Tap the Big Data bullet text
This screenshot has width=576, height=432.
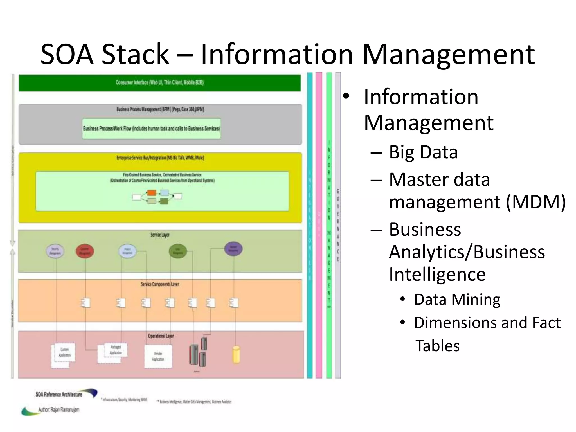tap(423, 152)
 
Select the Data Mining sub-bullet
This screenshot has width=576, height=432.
tap(457, 300)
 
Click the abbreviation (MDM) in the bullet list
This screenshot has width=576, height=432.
tap(536, 202)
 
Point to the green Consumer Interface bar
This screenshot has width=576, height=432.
tap(159, 83)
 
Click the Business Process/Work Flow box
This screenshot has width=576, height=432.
tap(151, 129)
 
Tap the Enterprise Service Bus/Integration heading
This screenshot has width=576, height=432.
tap(160, 158)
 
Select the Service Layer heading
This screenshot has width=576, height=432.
tap(160, 235)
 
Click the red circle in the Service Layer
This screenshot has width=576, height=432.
tap(85, 251)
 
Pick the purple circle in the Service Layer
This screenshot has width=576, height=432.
tap(233, 249)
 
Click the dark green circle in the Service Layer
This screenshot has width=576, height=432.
tap(177, 251)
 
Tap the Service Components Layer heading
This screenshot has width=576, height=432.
tap(160, 284)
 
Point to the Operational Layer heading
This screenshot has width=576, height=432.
tap(161, 336)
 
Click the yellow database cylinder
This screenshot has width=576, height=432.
tap(236, 355)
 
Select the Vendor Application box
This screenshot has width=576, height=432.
tap(158, 356)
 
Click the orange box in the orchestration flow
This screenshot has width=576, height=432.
tap(152, 193)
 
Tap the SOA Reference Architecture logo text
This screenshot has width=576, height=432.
tap(59, 395)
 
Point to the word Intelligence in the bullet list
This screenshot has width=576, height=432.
tap(437, 274)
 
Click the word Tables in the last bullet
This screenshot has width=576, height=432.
tap(437, 346)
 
